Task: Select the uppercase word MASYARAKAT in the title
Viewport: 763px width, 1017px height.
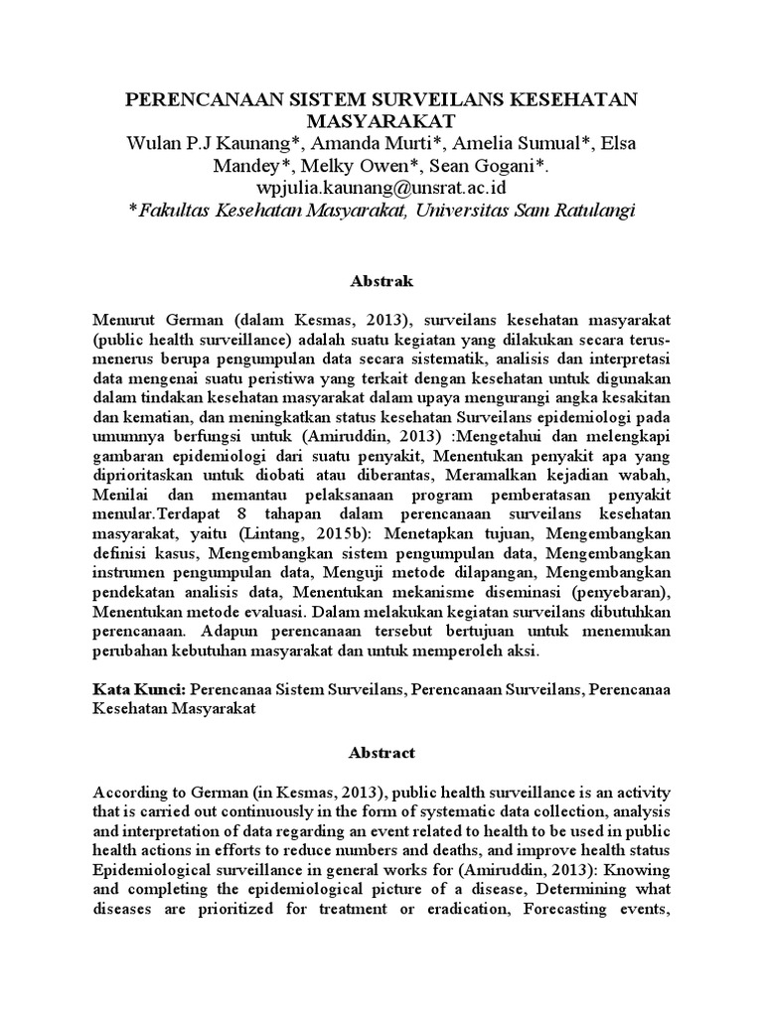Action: click(381, 121)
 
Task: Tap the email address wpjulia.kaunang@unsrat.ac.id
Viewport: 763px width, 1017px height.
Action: click(381, 187)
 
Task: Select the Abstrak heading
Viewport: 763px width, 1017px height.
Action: click(381, 281)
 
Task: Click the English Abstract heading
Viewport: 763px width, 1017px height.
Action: click(381, 753)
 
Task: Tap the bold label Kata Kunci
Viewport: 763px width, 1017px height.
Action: click(138, 686)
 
